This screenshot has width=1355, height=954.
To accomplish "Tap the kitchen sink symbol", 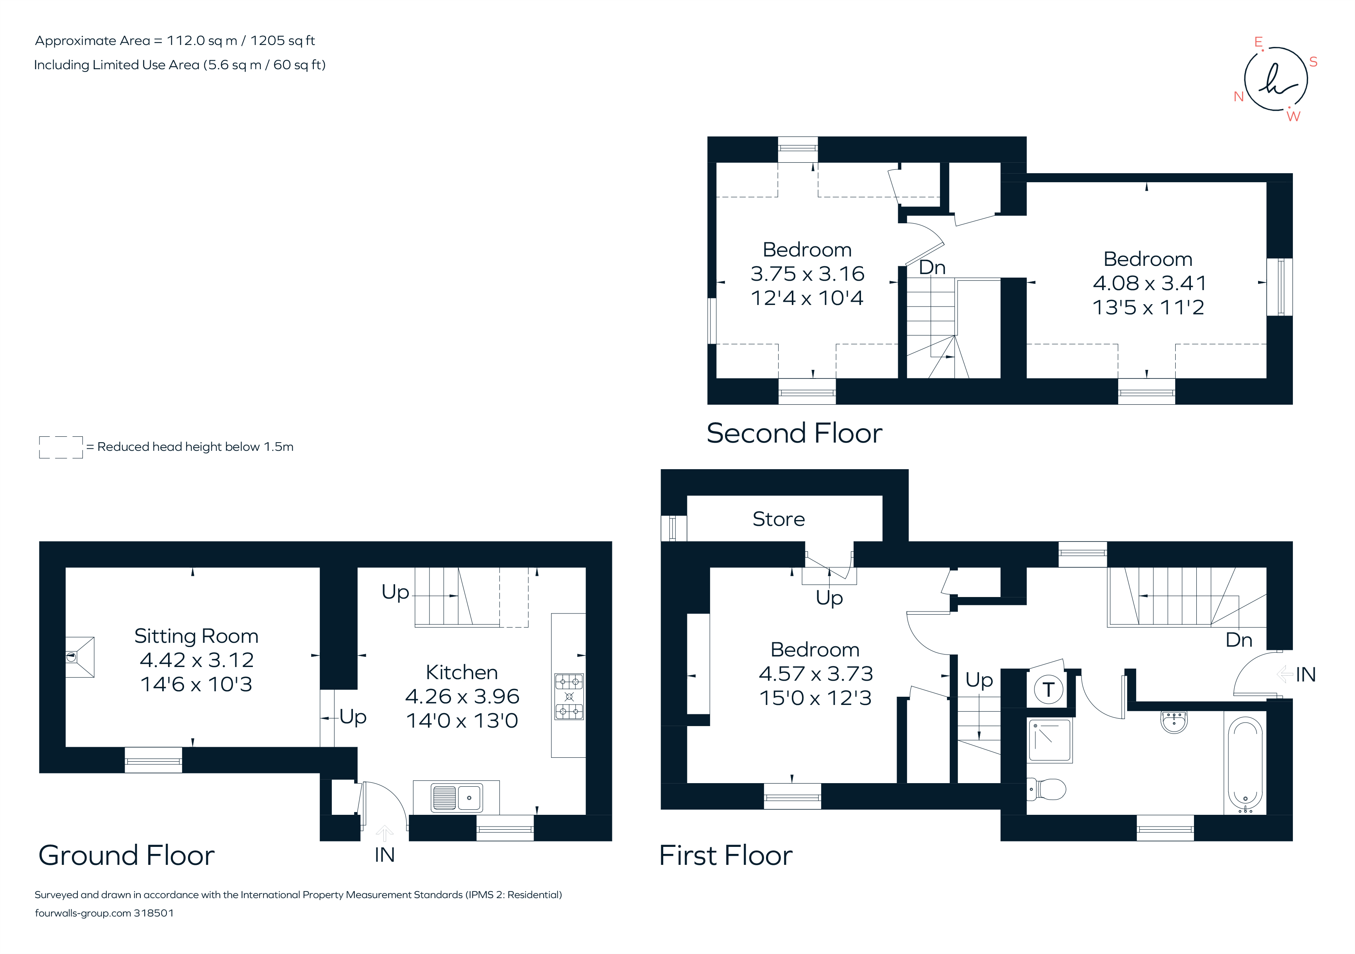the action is coord(456,798).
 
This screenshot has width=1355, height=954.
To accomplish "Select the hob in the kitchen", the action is coord(569,697).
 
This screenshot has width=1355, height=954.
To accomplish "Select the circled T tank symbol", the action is coord(1048,689).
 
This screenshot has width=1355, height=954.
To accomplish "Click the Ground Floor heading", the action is coord(126,855).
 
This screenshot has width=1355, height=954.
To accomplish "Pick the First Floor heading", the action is coord(725,855).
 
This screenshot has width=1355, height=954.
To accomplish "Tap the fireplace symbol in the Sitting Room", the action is coord(79,656).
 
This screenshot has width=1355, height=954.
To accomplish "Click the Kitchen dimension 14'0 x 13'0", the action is coord(462,721).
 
